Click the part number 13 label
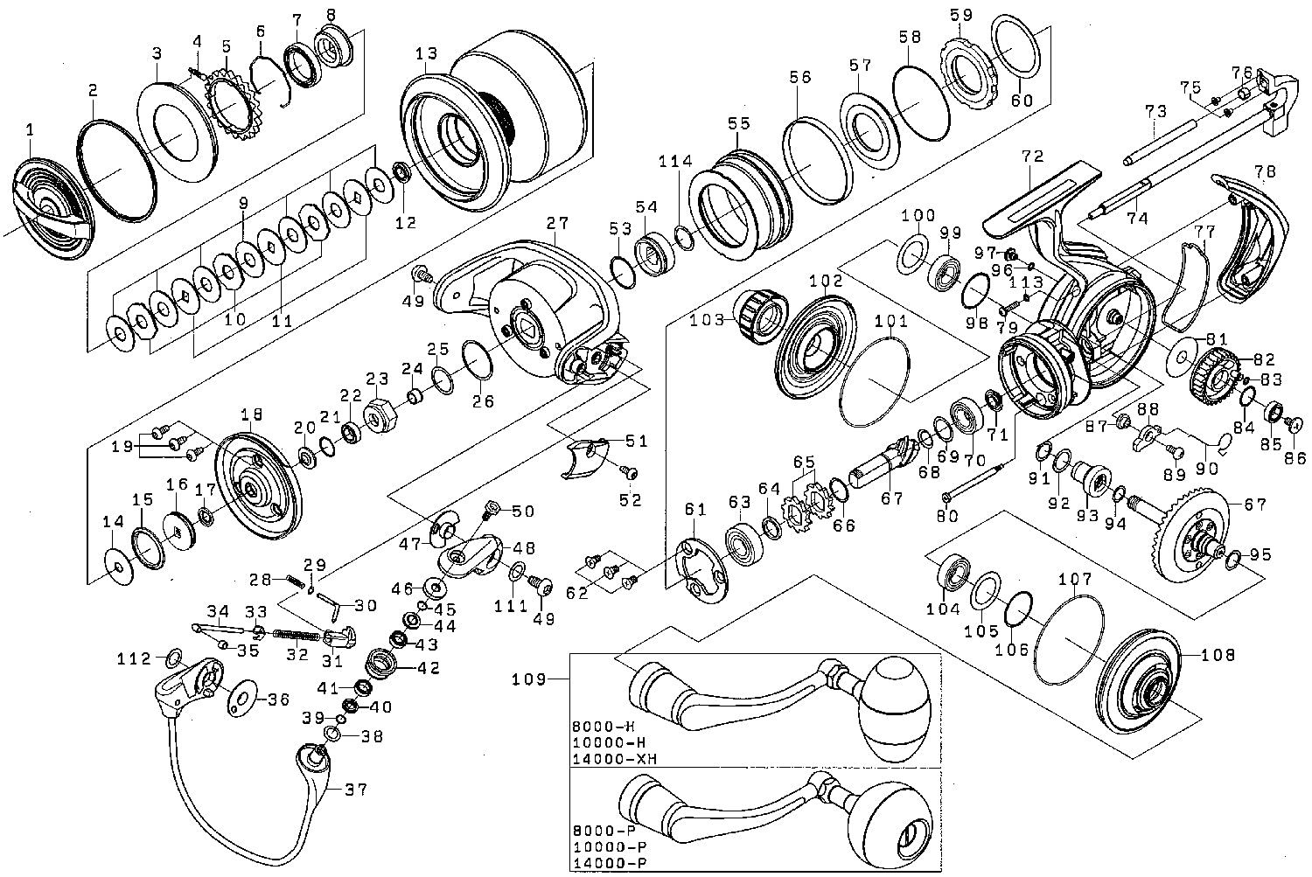(x=426, y=54)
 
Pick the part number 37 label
(x=356, y=790)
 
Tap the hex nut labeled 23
(x=380, y=414)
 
